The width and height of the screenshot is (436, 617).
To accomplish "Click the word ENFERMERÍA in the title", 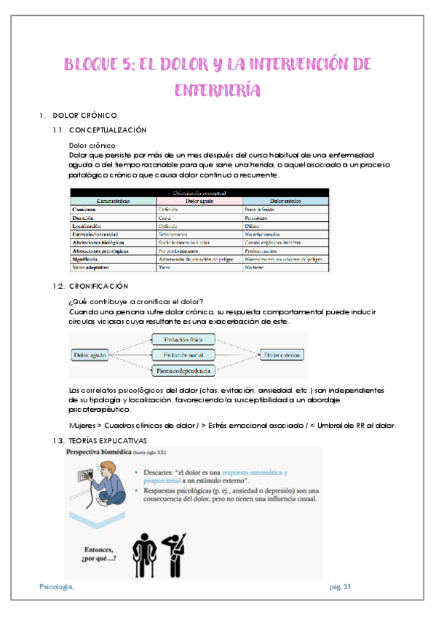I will tap(218, 89).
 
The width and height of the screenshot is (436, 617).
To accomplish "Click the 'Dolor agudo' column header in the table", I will tap(199, 200).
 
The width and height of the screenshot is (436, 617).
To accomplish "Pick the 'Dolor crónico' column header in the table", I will tap(285, 200).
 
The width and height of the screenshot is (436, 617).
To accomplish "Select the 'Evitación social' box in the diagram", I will tap(183, 355).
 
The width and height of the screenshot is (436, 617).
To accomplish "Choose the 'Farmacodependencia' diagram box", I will tap(183, 371).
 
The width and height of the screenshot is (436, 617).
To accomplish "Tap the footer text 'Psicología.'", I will tap(56, 586).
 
